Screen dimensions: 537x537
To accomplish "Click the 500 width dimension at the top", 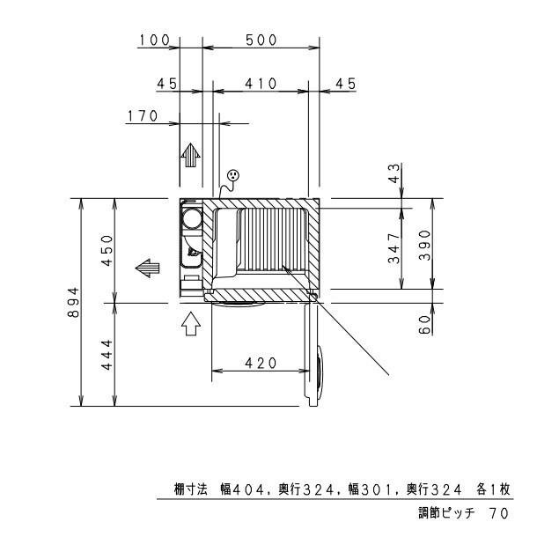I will click(x=261, y=40).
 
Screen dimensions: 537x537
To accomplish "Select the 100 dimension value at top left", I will click(x=154, y=40).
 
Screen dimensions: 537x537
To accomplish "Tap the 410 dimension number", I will click(x=261, y=84).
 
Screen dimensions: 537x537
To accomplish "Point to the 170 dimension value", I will click(x=143, y=115).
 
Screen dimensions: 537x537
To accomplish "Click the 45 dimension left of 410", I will click(x=167, y=84).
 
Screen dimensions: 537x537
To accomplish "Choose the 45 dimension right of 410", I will click(x=344, y=84).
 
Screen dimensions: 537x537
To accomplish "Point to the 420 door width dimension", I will click(x=261, y=363).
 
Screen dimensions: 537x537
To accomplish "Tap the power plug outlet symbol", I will click(x=232, y=177).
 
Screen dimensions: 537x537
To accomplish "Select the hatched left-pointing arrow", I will click(x=146, y=266).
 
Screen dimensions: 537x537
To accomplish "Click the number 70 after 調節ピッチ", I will click(x=498, y=511).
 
